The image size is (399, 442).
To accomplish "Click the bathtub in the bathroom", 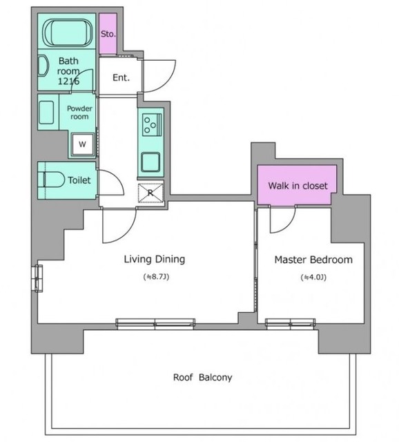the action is pos(68,32).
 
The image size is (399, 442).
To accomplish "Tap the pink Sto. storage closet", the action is pos(108,34).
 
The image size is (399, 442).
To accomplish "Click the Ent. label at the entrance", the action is pos(121,77).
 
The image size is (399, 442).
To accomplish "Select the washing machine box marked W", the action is pos(82,144).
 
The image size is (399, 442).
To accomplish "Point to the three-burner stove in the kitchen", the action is pos(152,124).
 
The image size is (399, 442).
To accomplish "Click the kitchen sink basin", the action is pos(150,162).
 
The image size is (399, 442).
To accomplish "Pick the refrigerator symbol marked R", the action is pos(150,193).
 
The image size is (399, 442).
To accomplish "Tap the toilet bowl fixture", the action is pos(54,180).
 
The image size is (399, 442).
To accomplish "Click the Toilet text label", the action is pos(79,180).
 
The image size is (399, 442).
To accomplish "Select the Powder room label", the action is pos(79,113).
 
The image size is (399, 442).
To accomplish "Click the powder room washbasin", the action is pos(46,113).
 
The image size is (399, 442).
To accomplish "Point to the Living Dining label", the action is pos(155,259).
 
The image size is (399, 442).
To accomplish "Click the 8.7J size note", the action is pos(157,277).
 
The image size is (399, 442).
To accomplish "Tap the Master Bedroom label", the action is pos(313,260).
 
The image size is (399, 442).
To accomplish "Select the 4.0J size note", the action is pos(313,278).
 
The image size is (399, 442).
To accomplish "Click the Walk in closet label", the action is pos(298,186).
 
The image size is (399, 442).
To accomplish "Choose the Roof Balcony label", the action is pos(202,377).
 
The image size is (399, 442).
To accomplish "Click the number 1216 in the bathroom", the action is pos(68,81).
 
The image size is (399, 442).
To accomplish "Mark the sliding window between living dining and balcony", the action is pos(155,324).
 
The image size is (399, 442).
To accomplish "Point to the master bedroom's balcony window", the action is pos(290,324).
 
